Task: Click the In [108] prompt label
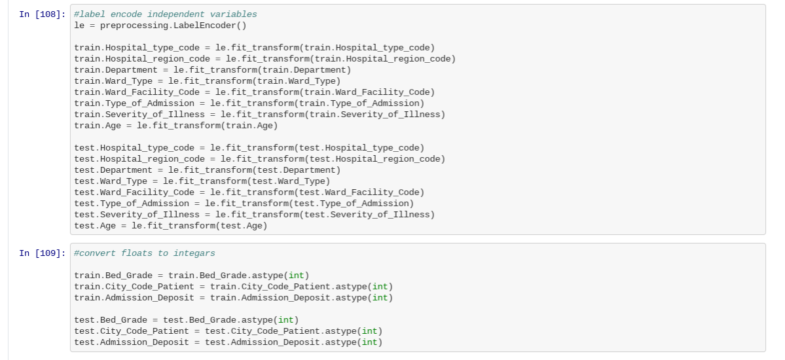[42, 14]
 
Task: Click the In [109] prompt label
[42, 253]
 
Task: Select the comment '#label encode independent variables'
[166, 14]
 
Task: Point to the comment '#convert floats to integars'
[145, 253]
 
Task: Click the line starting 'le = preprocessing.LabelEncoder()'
[160, 26]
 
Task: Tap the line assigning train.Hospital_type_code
[254, 48]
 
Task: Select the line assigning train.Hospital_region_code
[265, 59]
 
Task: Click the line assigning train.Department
[213, 70]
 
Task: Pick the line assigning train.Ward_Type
[208, 81]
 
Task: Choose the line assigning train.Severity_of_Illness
[259, 115]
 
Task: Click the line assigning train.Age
[176, 126]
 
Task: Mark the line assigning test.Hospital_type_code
[249, 148]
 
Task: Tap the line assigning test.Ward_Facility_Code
[249, 192]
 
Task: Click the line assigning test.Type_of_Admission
[244, 204]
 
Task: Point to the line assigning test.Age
[171, 226]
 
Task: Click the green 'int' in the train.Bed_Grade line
[296, 276]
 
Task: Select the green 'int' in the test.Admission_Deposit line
[369, 342]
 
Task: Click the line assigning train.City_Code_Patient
[233, 287]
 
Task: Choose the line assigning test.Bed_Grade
[186, 320]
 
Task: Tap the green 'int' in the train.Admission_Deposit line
[380, 298]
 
